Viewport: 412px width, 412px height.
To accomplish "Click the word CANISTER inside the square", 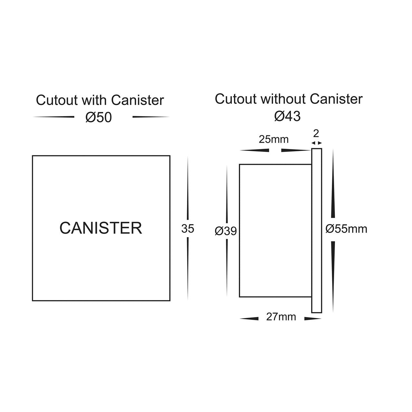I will (101, 228).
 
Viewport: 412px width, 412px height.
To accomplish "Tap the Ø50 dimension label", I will (98, 117).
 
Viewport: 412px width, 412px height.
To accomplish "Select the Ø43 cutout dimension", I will (287, 116).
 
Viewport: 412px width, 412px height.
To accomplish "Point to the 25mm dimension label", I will (274, 139).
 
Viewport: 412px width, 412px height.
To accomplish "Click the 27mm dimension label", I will (281, 317).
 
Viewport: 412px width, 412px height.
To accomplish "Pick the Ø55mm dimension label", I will (346, 229).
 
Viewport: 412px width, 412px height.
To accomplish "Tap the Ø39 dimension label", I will (226, 231).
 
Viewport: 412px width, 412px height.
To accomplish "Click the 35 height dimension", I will (188, 229).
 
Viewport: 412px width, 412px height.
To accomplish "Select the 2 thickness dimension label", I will (316, 133).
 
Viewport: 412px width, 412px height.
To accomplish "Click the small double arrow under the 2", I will (316, 143).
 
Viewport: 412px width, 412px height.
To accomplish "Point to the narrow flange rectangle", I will (317, 230).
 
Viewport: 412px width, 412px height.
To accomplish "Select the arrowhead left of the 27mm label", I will (249, 319).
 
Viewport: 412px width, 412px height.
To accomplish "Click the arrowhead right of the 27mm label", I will (313, 319).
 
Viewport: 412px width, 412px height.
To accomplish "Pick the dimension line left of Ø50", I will (54, 117).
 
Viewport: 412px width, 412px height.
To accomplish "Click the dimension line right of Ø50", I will (150, 117).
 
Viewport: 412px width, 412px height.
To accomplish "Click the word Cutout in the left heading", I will (57, 100).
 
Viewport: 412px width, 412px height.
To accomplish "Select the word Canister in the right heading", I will (336, 99).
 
